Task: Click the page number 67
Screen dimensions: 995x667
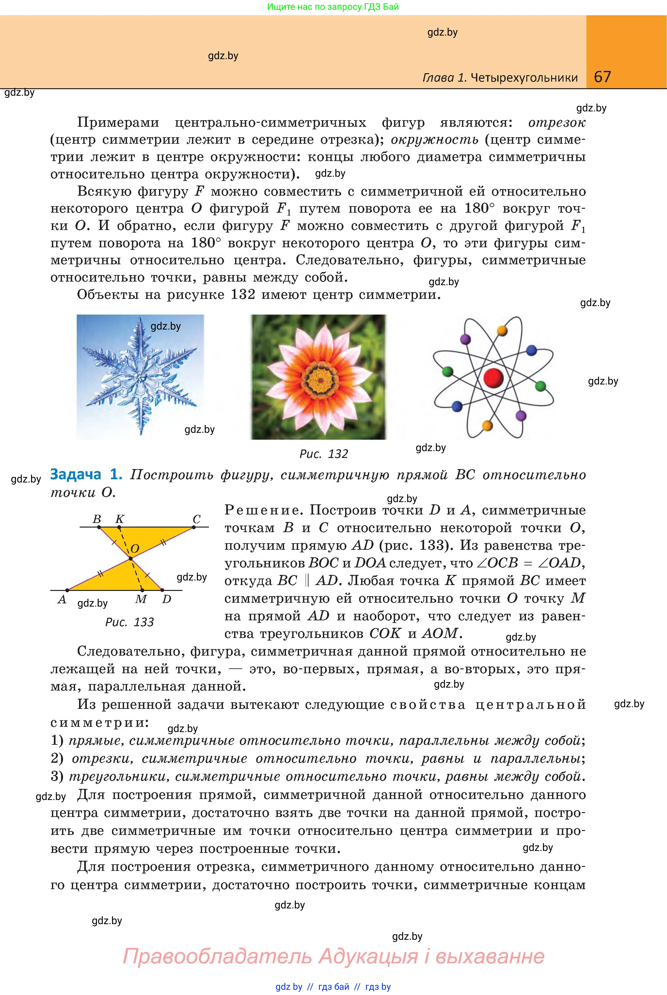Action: pyautogui.click(x=602, y=77)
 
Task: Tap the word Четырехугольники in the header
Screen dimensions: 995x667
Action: pyautogui.click(x=525, y=77)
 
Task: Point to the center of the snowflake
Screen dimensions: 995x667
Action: pyautogui.click(x=140, y=377)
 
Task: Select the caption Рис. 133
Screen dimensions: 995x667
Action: pyautogui.click(x=129, y=622)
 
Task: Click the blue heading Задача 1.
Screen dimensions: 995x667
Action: pyautogui.click(x=86, y=474)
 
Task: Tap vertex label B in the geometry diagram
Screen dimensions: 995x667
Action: pyautogui.click(x=97, y=519)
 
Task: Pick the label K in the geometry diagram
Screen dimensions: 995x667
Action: pyautogui.click(x=120, y=519)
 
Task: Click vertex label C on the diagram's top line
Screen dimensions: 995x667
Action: pyautogui.click(x=197, y=519)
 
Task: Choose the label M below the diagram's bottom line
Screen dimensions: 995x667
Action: pyautogui.click(x=141, y=599)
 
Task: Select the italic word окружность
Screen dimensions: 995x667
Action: pyautogui.click(x=434, y=139)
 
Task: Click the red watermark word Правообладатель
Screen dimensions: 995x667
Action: pyautogui.click(x=217, y=956)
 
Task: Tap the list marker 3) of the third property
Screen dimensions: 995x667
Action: pyautogui.click(x=57, y=777)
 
